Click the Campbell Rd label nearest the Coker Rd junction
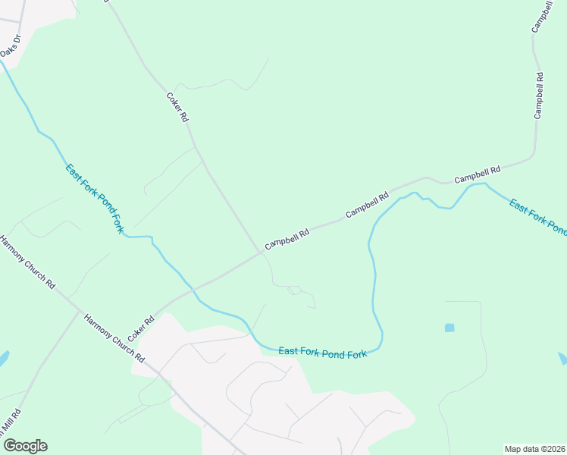click(x=287, y=240)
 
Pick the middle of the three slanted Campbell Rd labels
click(x=367, y=205)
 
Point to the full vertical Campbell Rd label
click(x=539, y=96)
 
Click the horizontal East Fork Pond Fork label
click(x=323, y=353)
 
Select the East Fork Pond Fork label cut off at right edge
click(x=537, y=216)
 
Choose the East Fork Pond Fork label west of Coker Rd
click(x=95, y=198)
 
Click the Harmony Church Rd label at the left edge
click(x=28, y=262)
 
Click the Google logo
click(x=25, y=446)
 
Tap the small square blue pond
click(x=450, y=328)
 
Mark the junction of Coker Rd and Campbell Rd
click(x=262, y=253)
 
